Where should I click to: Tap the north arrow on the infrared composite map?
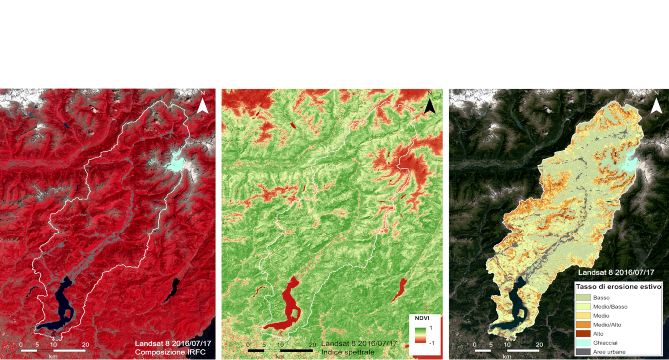click(203, 105)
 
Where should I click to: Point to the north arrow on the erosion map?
click(656, 105)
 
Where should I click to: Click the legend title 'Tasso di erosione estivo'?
click(618, 287)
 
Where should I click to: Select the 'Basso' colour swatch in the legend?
click(583, 298)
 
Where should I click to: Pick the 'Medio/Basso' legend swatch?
click(583, 307)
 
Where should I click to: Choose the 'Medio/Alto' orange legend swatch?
click(583, 325)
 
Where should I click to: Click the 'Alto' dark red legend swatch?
click(583, 334)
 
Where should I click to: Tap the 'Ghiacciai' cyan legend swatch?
click(583, 343)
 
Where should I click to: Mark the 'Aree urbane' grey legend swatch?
click(583, 352)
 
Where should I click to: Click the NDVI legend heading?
click(422, 319)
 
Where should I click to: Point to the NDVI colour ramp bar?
click(420, 335)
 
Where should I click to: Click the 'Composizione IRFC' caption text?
click(170, 352)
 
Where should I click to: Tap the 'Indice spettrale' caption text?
click(348, 352)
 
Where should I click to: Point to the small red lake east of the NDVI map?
click(399, 290)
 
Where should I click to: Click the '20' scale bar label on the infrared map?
click(85, 344)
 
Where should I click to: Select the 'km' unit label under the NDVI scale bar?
click(280, 357)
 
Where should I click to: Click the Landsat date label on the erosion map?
click(616, 272)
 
